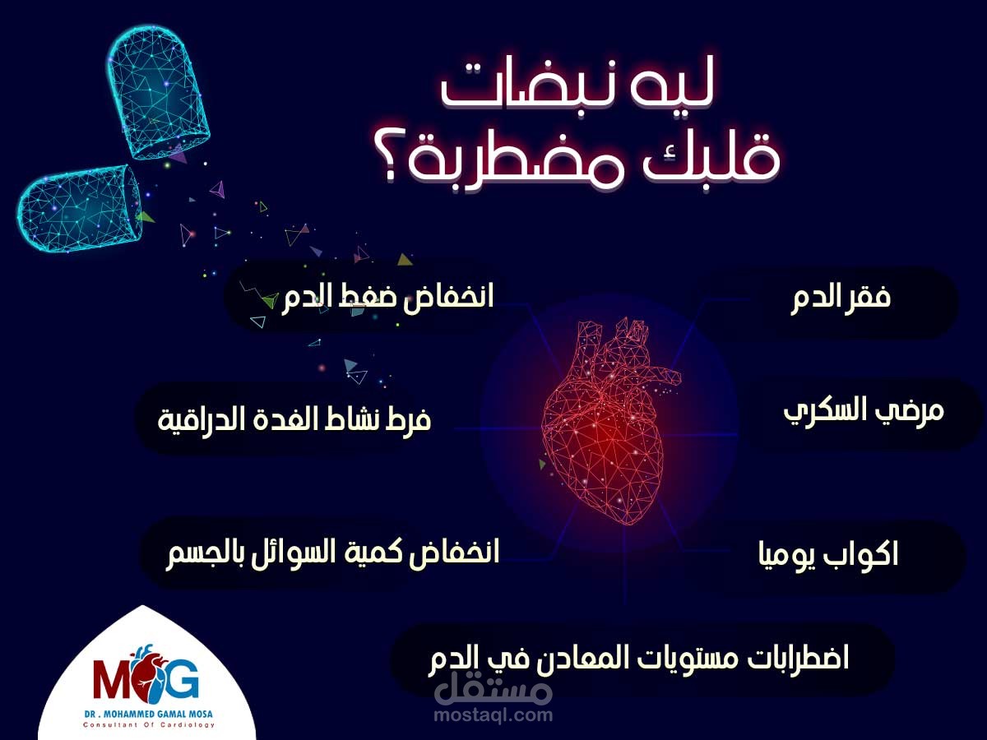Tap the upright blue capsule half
pos(157,92)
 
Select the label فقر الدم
pos(841,298)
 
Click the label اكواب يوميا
pos(828,555)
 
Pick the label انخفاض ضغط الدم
pos(387,297)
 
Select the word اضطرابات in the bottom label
pos(797,659)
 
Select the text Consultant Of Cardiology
pos(148,725)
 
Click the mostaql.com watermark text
pos(493,715)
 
